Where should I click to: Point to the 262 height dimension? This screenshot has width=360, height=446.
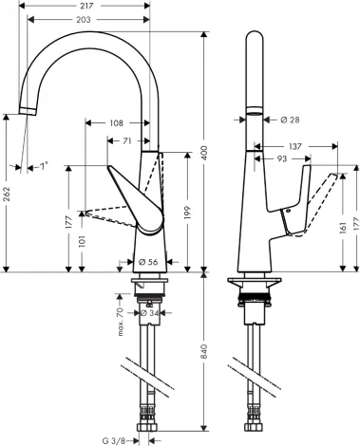point(8,195)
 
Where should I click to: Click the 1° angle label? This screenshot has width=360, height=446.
point(41,168)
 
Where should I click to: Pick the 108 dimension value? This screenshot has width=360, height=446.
point(116,122)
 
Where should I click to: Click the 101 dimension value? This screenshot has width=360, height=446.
point(81,242)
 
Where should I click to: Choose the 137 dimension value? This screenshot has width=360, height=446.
point(295,148)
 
